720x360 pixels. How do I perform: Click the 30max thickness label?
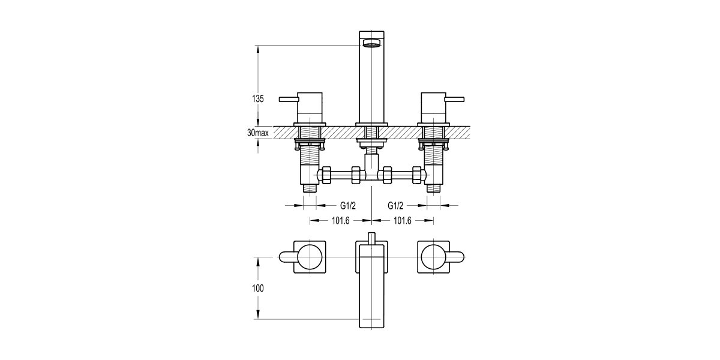[257, 132]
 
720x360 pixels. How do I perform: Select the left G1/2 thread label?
[340, 205]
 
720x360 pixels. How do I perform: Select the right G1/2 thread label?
[396, 205]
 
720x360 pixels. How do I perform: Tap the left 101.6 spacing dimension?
[340, 221]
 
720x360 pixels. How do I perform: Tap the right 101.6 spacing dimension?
[402, 221]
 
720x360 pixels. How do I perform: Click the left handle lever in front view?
[288, 98]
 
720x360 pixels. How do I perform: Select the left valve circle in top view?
[310, 257]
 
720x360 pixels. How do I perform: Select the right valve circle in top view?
[433, 257]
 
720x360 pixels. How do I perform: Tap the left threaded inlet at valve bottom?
[310, 188]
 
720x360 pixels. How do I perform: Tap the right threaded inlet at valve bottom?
[433, 188]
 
